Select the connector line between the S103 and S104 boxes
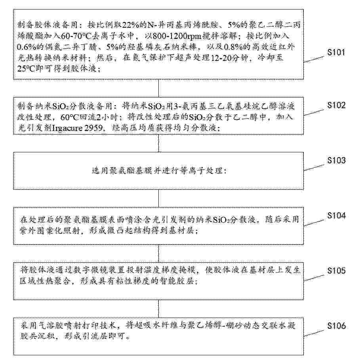tap(158, 199)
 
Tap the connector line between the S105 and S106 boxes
tap(158, 309)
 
